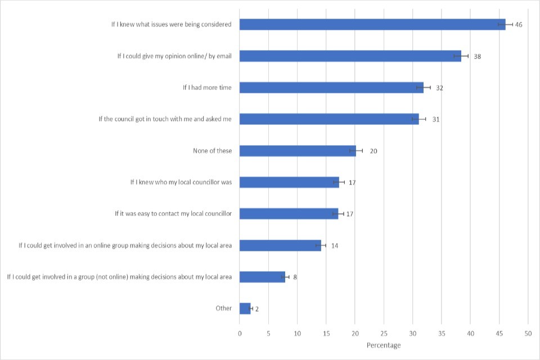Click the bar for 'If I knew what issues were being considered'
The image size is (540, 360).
[x=371, y=24]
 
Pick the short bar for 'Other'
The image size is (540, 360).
[x=245, y=308]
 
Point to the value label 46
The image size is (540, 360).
[x=519, y=25]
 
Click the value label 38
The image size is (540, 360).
[x=477, y=56]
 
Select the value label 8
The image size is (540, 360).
[x=295, y=277]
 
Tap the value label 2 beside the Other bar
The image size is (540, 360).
[x=257, y=309]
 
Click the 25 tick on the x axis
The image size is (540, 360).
[x=384, y=333]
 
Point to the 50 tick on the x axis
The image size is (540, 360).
[x=528, y=333]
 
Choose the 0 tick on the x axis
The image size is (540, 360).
[x=240, y=333]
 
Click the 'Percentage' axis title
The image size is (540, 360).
[x=384, y=345]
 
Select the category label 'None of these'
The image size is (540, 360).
[x=212, y=151]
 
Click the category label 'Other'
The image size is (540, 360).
[x=223, y=308]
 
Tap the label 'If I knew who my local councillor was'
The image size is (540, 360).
[x=181, y=182]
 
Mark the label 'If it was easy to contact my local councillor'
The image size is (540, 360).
[x=173, y=214]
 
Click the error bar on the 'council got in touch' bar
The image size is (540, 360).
[x=419, y=119]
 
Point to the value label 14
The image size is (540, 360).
[x=334, y=246]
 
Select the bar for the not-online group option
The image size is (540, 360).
[x=262, y=277]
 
